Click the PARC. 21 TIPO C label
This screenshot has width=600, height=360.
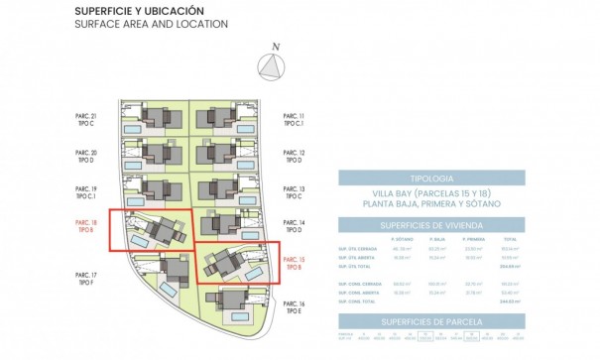[x=86, y=120]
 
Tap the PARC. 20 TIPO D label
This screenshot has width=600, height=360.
[x=86, y=155]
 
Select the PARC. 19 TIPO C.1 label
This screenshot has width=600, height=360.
[x=86, y=191]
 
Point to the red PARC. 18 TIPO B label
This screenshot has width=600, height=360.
[x=86, y=227]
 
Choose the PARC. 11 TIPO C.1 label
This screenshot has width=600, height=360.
[x=295, y=120]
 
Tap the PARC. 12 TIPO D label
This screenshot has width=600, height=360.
[x=295, y=156]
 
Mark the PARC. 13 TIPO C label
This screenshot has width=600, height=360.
[x=295, y=191]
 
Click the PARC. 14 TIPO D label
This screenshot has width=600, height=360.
[x=295, y=227]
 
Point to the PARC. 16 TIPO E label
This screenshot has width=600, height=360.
[x=295, y=306]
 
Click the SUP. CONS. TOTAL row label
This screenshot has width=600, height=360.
[x=355, y=311]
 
